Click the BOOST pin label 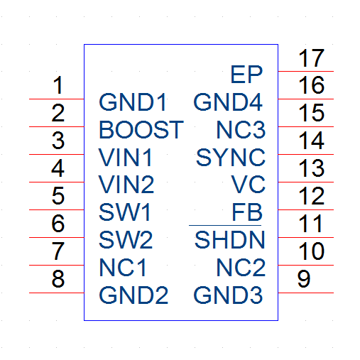tap(141, 130)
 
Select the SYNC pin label tap(231, 158)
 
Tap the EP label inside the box tap(246, 75)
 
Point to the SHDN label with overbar tap(229, 238)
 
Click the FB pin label tap(247, 212)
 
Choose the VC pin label tap(248, 184)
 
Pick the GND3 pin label tap(228, 295)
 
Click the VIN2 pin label tap(126, 184)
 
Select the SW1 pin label tap(124, 212)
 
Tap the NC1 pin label tap(123, 267)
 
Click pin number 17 tap(311, 58)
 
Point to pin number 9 tap(304, 279)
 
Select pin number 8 tap(58, 278)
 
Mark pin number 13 tap(311, 168)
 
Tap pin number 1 tap(58, 85)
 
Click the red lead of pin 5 tap(57, 209)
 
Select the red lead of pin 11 tap(306, 237)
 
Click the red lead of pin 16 tap(306, 99)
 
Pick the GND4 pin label tap(228, 102)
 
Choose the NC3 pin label tap(241, 130)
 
